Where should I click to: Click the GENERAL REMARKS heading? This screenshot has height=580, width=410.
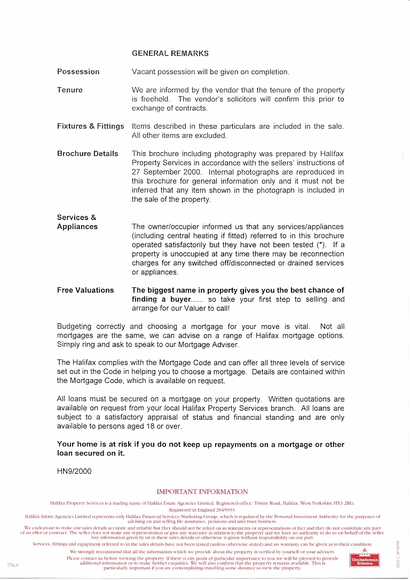pyautogui.click(x=170, y=53)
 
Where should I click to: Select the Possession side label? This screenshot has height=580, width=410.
pyautogui.click(x=78, y=72)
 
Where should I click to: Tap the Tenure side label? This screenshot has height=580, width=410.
pyautogui.click(x=70, y=90)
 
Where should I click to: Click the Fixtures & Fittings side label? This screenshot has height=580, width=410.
pyautogui.click(x=90, y=127)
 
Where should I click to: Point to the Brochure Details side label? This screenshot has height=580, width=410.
pyautogui.click(x=88, y=154)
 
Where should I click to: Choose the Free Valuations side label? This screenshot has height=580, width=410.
pyautogui.click(x=85, y=290)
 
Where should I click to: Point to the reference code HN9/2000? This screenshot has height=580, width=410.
pyautogui.click(x=74, y=472)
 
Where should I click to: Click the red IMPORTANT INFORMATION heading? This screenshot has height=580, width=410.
pyautogui.click(x=202, y=492)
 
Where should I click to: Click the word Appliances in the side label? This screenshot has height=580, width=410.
pyautogui.click(x=77, y=226)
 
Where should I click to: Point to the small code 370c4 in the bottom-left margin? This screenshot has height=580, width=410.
pyautogui.click(x=12, y=565)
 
